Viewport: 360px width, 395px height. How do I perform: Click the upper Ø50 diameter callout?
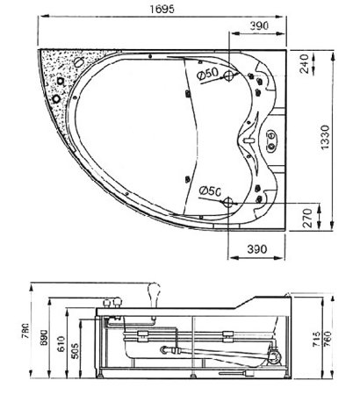click(x=207, y=75)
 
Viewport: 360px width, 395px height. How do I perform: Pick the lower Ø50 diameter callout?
click(x=209, y=190)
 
